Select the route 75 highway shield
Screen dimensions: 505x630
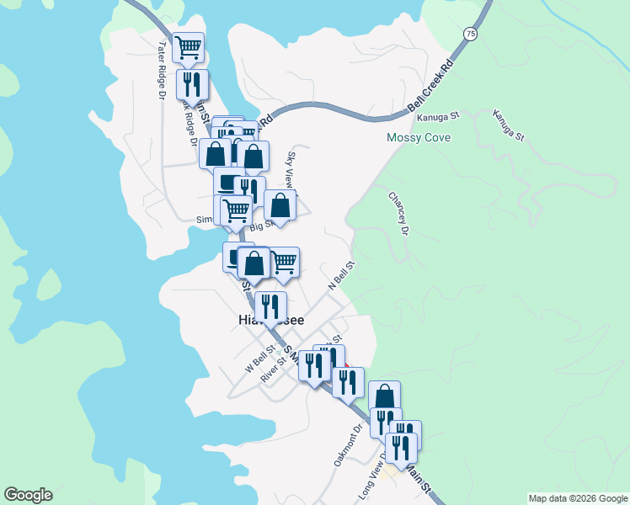click(x=468, y=34)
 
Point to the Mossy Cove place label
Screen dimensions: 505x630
click(x=419, y=137)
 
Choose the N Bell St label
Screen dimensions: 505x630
click(x=343, y=275)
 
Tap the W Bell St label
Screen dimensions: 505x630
click(x=260, y=358)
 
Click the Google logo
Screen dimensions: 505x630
click(x=28, y=495)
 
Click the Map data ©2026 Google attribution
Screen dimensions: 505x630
click(x=577, y=498)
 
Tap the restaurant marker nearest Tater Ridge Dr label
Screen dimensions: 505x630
click(x=192, y=83)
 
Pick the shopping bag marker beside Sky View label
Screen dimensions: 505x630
click(x=280, y=205)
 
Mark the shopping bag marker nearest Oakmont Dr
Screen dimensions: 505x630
click(x=384, y=396)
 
